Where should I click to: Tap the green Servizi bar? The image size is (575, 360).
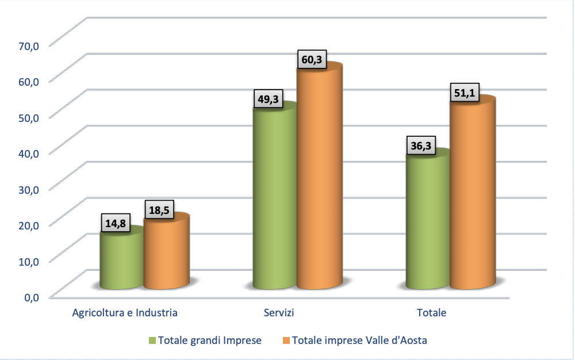pyautogui.click(x=275, y=198)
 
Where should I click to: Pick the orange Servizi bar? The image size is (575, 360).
pyautogui.click(x=320, y=178)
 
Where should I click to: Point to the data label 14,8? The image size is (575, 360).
pyautogui.click(x=117, y=223)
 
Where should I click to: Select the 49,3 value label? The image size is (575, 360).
pyautogui.click(x=268, y=99)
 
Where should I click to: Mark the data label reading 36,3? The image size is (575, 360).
pyautogui.click(x=421, y=146)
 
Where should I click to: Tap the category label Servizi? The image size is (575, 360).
pyautogui.click(x=279, y=313)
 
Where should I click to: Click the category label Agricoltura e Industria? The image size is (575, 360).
pyautogui.click(x=125, y=313)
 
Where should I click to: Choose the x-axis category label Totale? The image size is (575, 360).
pyautogui.click(x=431, y=313)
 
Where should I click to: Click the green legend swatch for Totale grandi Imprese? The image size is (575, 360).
pyautogui.click(x=152, y=340)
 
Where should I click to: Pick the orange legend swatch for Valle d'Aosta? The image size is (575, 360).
pyautogui.click(x=286, y=340)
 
